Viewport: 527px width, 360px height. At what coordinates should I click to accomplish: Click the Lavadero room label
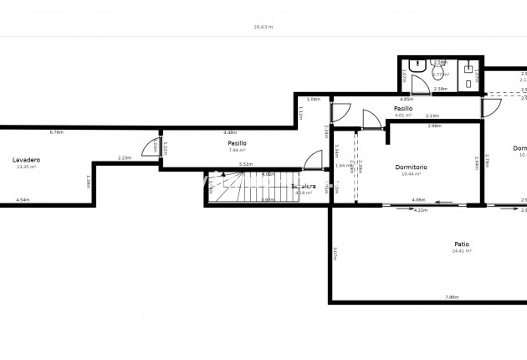pyautogui.click(x=27, y=159)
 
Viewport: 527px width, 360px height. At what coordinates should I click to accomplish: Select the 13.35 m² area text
pyautogui.click(x=27, y=167)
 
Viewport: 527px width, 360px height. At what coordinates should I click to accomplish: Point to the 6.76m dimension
pyautogui.click(x=57, y=132)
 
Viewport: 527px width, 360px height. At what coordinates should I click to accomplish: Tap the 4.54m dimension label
pyautogui.click(x=23, y=200)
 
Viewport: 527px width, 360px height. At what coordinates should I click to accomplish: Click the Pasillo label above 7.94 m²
pyautogui.click(x=237, y=143)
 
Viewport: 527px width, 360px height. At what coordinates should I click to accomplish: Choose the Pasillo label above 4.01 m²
pyautogui.click(x=403, y=108)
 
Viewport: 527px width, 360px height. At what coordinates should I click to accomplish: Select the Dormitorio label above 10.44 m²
pyautogui.click(x=412, y=167)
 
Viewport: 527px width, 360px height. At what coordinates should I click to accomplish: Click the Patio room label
pyautogui.click(x=461, y=244)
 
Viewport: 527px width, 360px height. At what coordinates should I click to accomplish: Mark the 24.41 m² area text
pyautogui.click(x=461, y=251)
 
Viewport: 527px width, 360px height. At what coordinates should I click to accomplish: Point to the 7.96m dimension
pyautogui.click(x=452, y=297)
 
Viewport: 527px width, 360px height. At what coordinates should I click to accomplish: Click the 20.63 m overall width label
pyautogui.click(x=263, y=27)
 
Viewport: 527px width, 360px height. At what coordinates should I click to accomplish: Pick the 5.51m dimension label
pyautogui.click(x=246, y=164)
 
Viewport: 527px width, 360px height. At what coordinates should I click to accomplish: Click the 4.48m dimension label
pyautogui.click(x=231, y=132)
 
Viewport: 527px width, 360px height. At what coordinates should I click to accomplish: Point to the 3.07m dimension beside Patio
pyautogui.click(x=334, y=254)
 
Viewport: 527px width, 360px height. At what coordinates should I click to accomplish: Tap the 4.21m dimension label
pyautogui.click(x=421, y=210)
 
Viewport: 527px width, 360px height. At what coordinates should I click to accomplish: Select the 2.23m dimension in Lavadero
pyautogui.click(x=125, y=157)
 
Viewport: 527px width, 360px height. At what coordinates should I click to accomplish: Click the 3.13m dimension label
pyautogui.click(x=432, y=116)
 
